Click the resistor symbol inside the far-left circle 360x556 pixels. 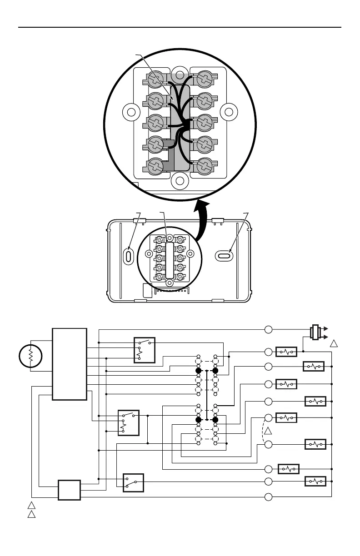coord(31,355)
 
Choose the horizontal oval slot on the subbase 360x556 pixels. coord(224,257)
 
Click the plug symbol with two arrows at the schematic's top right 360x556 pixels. coord(314,332)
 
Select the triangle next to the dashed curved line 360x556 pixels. coord(269,430)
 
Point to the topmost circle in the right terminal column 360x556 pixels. coord(269,329)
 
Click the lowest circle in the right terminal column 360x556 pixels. coord(269,497)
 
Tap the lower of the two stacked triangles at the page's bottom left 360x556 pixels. coord(30,515)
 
